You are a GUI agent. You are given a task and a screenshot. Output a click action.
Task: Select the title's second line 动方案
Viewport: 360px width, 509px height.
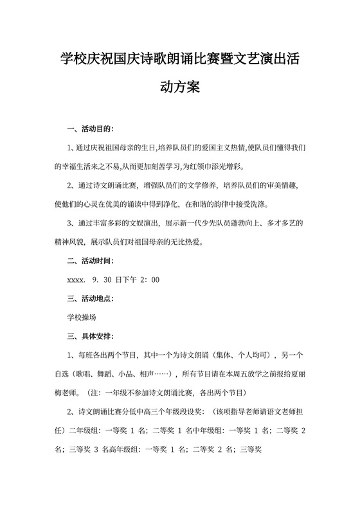[179, 87]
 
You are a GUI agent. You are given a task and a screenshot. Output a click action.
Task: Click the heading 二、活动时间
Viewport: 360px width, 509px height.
[89, 261]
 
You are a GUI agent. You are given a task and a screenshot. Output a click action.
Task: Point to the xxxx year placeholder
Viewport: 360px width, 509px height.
[77, 280]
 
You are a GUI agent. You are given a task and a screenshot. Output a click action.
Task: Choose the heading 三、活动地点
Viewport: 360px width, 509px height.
[89, 299]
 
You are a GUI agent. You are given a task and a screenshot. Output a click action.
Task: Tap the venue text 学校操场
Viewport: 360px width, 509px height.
[82, 317]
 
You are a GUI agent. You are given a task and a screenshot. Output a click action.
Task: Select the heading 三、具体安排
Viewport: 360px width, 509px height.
[89, 336]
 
